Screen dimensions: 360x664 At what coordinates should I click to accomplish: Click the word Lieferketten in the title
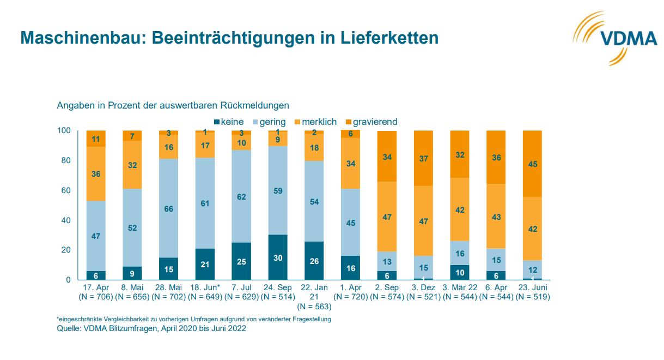click(x=389, y=38)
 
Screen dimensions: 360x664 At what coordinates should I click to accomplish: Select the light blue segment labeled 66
click(x=169, y=208)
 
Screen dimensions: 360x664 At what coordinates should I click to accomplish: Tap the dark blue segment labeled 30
click(x=278, y=257)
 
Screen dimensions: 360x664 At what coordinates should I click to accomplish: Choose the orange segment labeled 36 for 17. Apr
click(x=96, y=174)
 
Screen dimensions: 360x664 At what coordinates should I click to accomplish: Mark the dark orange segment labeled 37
click(x=423, y=158)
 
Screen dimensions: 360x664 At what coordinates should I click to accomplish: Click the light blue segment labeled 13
click(x=387, y=261)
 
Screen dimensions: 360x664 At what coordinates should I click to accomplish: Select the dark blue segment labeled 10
click(x=460, y=272)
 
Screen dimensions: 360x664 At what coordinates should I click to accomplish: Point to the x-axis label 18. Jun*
click(x=205, y=287)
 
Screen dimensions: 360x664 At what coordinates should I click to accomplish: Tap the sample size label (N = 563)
click(x=314, y=307)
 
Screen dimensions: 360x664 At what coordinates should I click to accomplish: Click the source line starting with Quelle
click(x=151, y=328)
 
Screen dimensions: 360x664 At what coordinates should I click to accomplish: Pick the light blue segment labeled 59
click(x=278, y=191)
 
